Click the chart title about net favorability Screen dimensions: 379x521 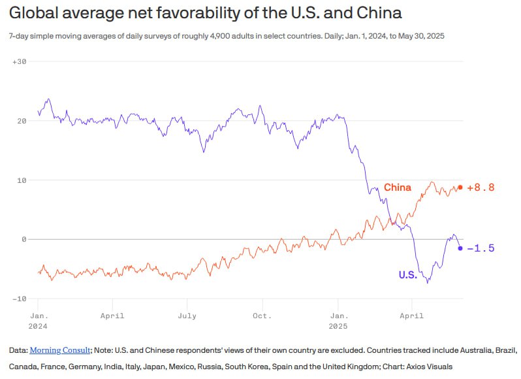(205, 13)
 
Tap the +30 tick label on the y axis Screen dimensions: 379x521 (18, 61)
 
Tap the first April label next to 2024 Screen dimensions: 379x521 (113, 316)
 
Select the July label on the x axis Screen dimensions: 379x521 (187, 316)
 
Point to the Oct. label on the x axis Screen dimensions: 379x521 (262, 316)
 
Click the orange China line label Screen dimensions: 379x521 (397, 188)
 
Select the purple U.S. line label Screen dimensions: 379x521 (407, 275)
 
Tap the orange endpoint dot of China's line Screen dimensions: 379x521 (460, 188)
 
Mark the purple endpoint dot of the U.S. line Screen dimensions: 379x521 (460, 248)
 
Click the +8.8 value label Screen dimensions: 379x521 (481, 188)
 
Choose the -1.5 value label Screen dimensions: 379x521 (481, 248)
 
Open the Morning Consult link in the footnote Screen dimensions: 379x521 (60, 350)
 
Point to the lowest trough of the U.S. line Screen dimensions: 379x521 (428, 282)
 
